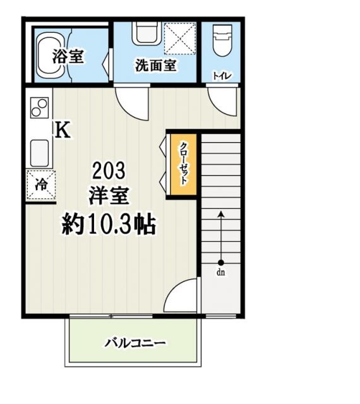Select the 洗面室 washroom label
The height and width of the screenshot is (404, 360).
pyautogui.click(x=155, y=65)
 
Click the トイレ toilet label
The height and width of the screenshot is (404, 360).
pyautogui.click(x=222, y=76)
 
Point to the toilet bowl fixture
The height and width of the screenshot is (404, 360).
pyautogui.click(x=222, y=42)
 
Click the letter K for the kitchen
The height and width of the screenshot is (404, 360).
pyautogui.click(x=63, y=130)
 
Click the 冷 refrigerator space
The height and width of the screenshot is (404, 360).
pyautogui.click(x=40, y=185)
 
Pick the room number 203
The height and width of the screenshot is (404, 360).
pyautogui.click(x=109, y=169)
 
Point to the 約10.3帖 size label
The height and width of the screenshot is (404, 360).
pyautogui.click(x=109, y=223)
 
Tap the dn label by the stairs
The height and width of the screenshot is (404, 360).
pyautogui.click(x=221, y=273)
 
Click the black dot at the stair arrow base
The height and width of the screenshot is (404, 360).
pyautogui.click(x=221, y=263)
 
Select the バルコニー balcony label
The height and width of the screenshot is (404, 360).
pyautogui.click(x=135, y=343)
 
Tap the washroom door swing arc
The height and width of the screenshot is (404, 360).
pyautogui.click(x=131, y=101)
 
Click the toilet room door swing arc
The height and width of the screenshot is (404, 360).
pyautogui.click(x=224, y=101)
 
